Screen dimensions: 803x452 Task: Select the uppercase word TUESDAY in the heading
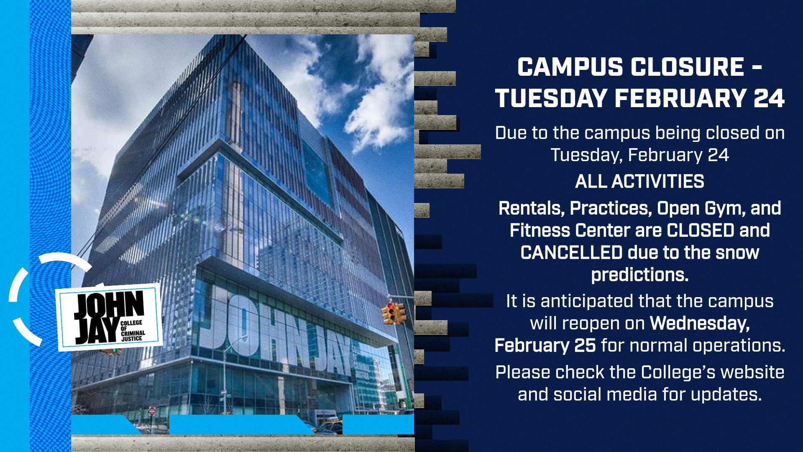[x=551, y=98]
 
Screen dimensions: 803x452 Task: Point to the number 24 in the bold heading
[x=769, y=98]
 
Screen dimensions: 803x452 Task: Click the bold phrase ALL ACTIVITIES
[x=639, y=182]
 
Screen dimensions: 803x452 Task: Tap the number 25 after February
[x=584, y=346]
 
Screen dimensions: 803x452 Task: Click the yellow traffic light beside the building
[x=393, y=313]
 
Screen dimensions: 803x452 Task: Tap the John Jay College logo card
[x=110, y=317]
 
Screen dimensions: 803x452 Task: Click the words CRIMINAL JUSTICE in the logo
[x=133, y=336]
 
